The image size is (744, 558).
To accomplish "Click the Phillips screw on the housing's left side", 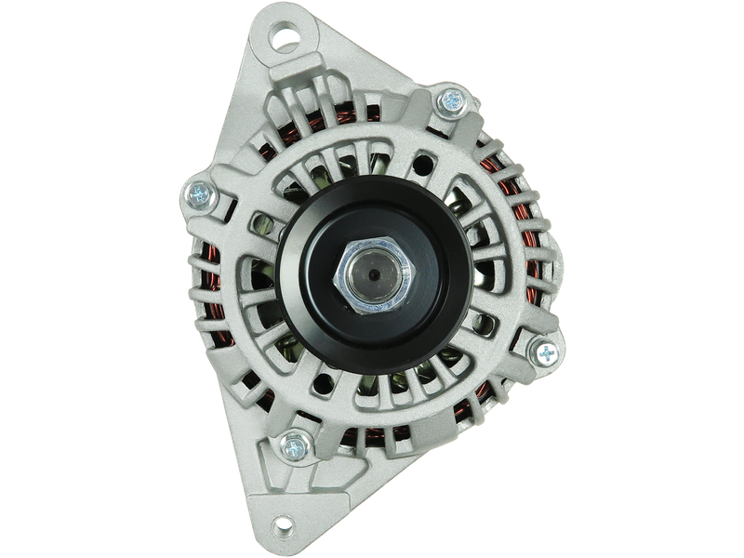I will click(x=198, y=194).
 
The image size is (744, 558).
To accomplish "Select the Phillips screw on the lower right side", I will click(x=542, y=352).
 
